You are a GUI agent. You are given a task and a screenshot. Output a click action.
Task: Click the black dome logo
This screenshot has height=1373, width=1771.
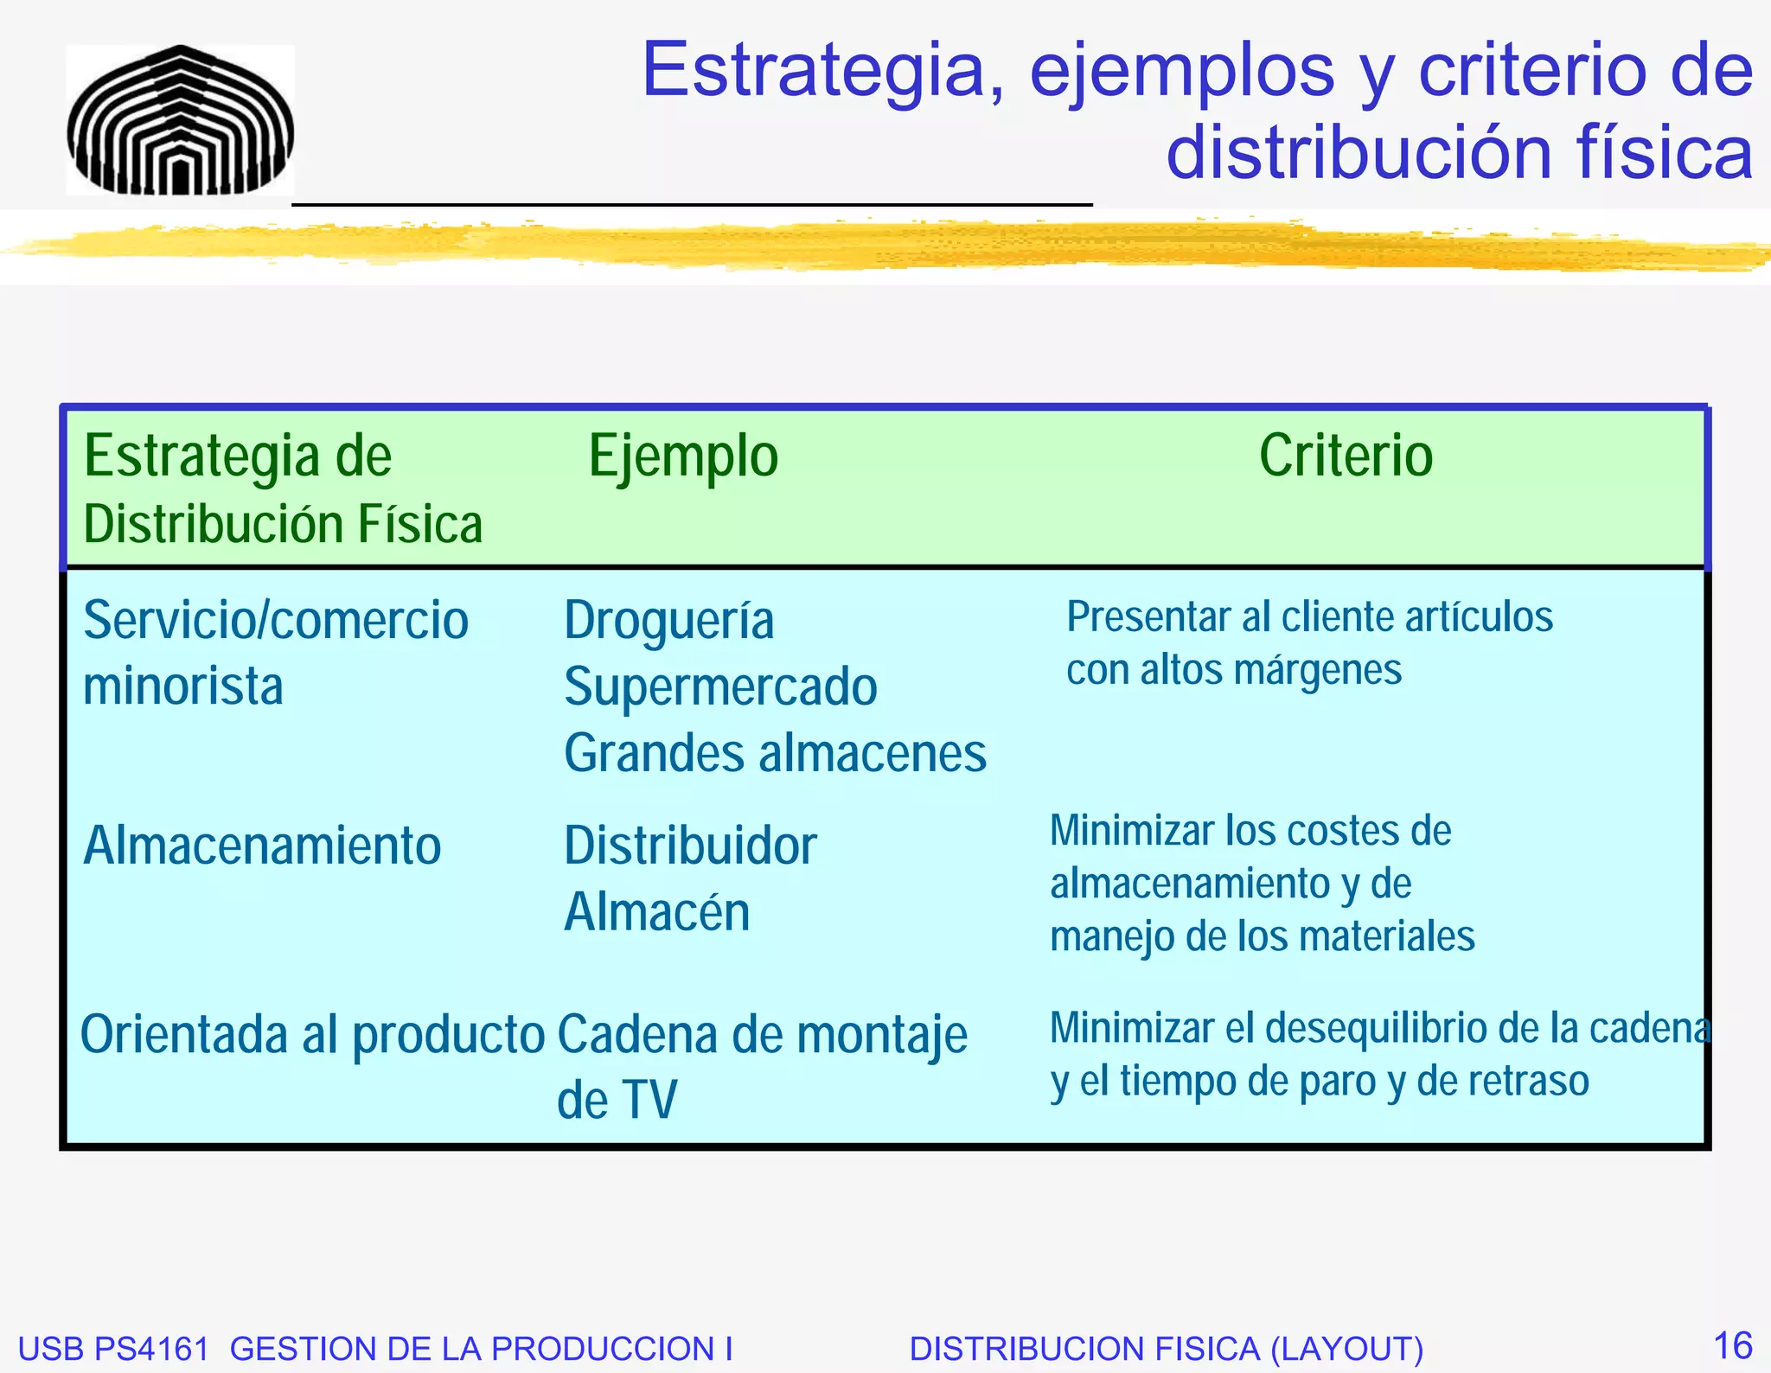(180, 121)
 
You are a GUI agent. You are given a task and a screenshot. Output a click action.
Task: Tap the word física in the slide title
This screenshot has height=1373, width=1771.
(1665, 153)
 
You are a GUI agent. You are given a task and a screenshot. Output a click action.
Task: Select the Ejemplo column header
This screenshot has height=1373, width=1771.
(683, 457)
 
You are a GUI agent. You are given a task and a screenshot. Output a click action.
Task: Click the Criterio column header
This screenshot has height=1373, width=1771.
(1346, 456)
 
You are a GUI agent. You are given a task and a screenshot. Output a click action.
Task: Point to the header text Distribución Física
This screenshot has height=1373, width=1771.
(283, 525)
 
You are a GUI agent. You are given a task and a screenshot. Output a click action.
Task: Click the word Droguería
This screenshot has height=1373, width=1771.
(668, 621)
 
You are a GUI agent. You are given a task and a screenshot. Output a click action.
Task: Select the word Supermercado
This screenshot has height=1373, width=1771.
(720, 687)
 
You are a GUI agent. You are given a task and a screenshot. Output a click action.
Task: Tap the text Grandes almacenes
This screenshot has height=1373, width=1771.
(775, 753)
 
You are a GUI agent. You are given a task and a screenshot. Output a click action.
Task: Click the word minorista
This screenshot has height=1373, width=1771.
(183, 686)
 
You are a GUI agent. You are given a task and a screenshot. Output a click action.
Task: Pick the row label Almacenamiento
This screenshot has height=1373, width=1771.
(262, 846)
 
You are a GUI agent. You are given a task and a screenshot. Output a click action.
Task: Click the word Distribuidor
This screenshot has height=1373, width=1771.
(690, 846)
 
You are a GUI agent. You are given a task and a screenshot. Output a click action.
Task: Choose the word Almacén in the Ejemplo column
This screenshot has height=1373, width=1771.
(656, 912)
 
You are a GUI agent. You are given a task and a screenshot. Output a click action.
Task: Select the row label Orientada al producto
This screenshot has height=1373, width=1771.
(312, 1035)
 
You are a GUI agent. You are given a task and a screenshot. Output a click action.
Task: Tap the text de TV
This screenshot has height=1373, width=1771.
(617, 1101)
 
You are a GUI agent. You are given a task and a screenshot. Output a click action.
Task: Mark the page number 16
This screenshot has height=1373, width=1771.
(1732, 1345)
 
